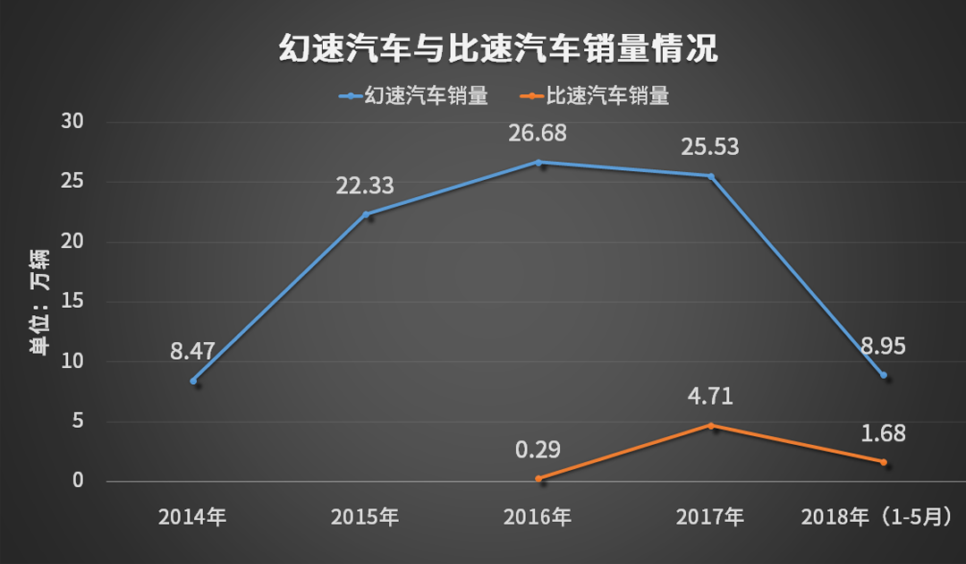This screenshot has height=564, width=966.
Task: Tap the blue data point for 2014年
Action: [x=193, y=381]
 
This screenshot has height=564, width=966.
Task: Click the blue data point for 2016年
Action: [x=538, y=162]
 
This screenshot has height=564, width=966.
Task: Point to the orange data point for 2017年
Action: [x=711, y=425]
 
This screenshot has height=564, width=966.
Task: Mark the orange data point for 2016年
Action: [x=538, y=479]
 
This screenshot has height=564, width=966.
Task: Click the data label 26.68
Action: [x=538, y=133]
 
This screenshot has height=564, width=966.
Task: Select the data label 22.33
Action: [x=365, y=185]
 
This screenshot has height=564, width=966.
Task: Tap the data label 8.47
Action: [x=192, y=351]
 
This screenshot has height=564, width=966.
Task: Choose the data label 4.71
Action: [x=710, y=396]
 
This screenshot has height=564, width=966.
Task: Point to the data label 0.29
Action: [x=538, y=449]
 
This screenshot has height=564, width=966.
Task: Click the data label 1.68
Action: [x=883, y=433]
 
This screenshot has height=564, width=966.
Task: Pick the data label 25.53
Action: [x=710, y=147]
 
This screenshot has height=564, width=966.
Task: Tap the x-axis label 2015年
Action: [x=365, y=517]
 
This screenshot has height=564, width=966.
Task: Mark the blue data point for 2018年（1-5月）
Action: [x=884, y=375]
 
